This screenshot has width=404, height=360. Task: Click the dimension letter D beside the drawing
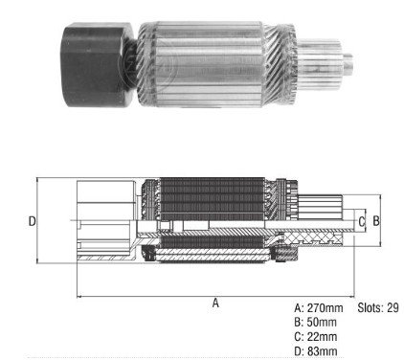(x=32, y=221)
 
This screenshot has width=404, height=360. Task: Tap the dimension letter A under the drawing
(x=215, y=303)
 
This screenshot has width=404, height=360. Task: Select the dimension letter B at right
(x=376, y=220)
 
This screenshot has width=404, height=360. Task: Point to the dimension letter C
(x=361, y=221)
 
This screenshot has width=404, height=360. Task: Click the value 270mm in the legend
(x=325, y=308)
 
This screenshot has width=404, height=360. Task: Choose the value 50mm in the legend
(x=322, y=322)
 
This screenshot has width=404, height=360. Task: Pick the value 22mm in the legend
(x=322, y=336)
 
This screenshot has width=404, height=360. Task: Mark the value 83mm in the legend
(x=322, y=351)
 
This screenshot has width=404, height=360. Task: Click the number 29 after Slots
(x=393, y=307)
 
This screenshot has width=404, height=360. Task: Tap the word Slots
(x=370, y=307)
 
